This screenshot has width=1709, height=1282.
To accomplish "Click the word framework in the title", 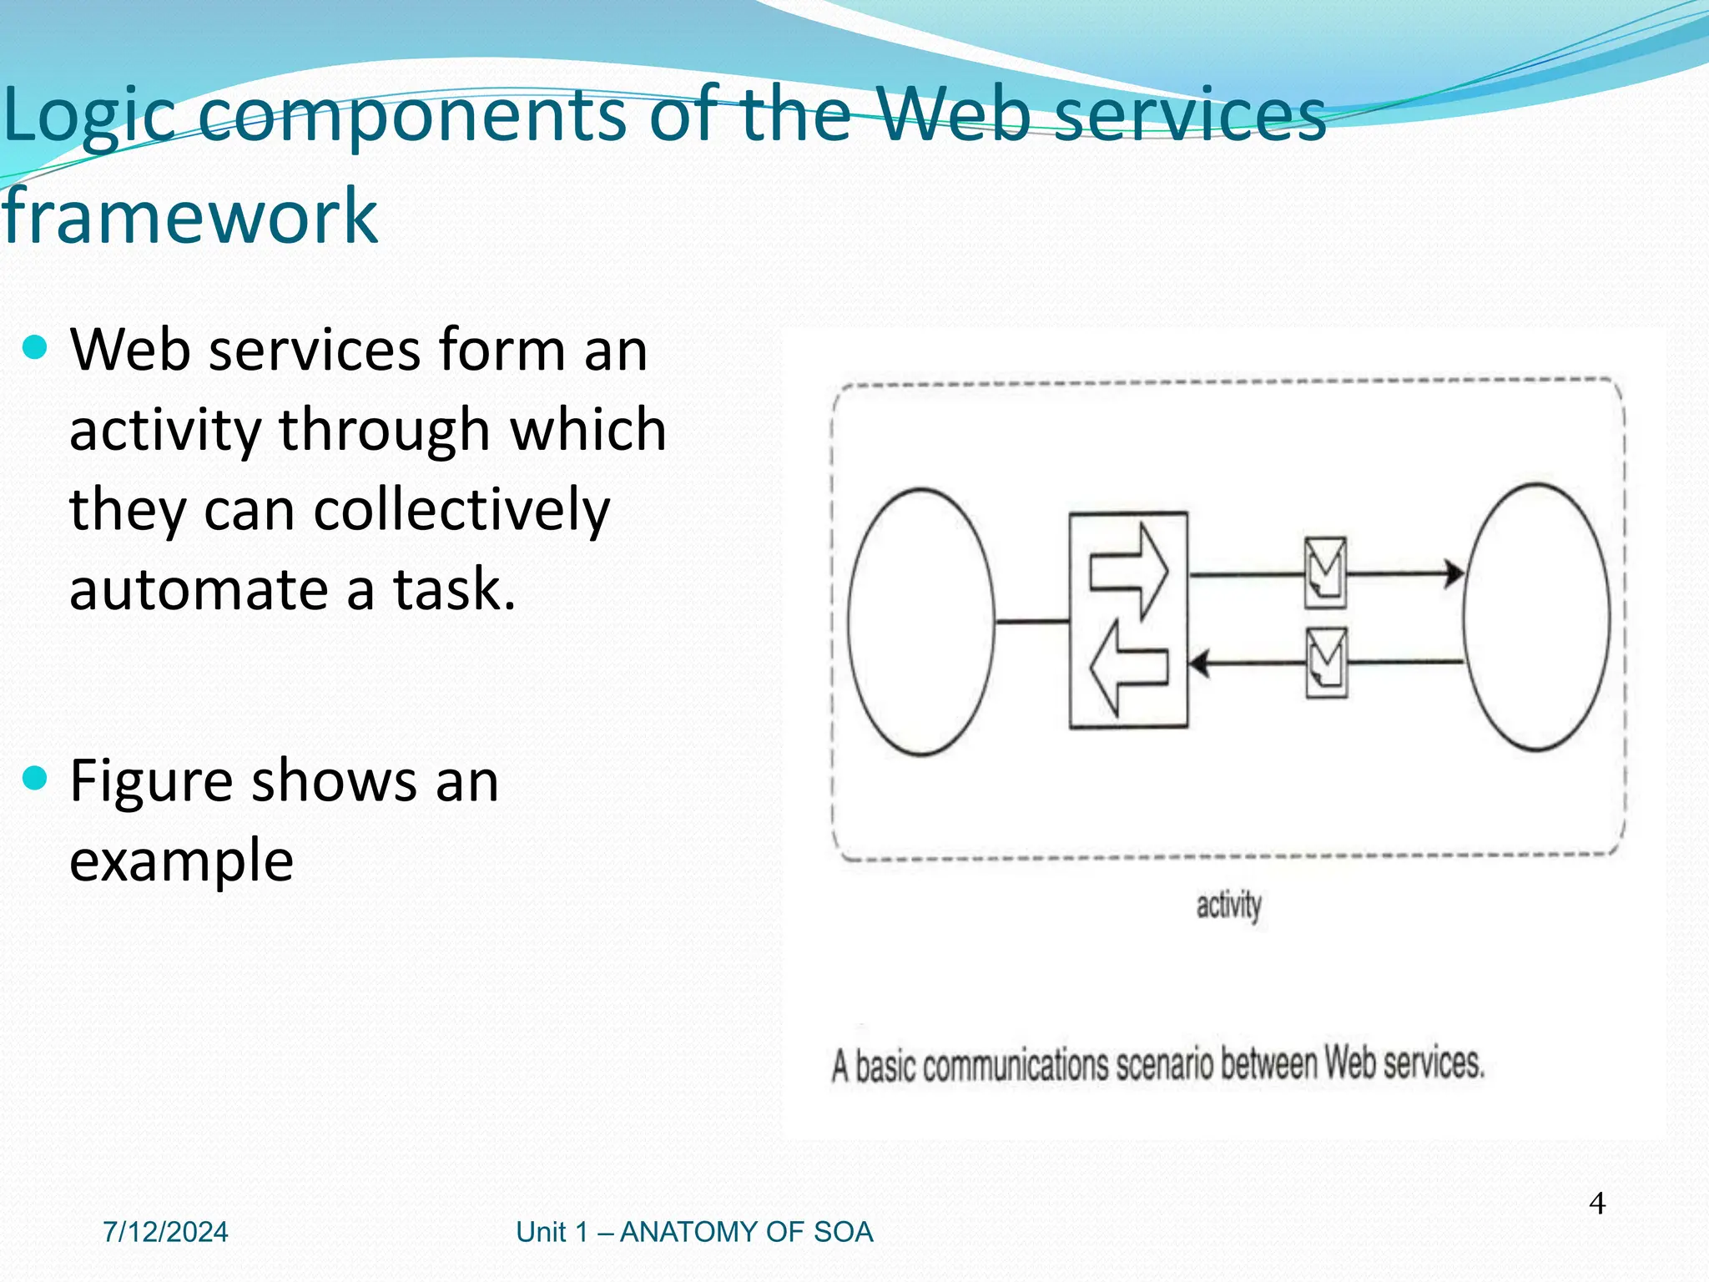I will pos(190,217).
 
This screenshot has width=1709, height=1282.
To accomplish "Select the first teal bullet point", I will pos(35,347).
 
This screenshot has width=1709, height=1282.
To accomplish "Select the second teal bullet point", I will pos(35,780).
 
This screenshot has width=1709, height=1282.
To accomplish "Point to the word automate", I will pos(199,589).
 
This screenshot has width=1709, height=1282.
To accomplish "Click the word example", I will pos(181,860).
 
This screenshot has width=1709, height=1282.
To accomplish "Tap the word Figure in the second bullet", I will pos(151,781).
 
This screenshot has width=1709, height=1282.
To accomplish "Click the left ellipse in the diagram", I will pos(921,622).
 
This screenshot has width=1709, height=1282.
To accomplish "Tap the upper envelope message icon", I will pos(1325,572).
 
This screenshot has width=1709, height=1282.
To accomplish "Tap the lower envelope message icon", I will pos(1325,662).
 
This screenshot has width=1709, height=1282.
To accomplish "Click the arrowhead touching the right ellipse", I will pos(1454,573).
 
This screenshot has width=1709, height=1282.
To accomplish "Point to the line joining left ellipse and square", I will pos(1031,621).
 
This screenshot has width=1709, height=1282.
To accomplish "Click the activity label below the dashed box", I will pos(1228,906).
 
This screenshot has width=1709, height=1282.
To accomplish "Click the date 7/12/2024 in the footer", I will pos(165,1232).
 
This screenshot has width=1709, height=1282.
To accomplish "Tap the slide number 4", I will pos(1596,1204).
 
